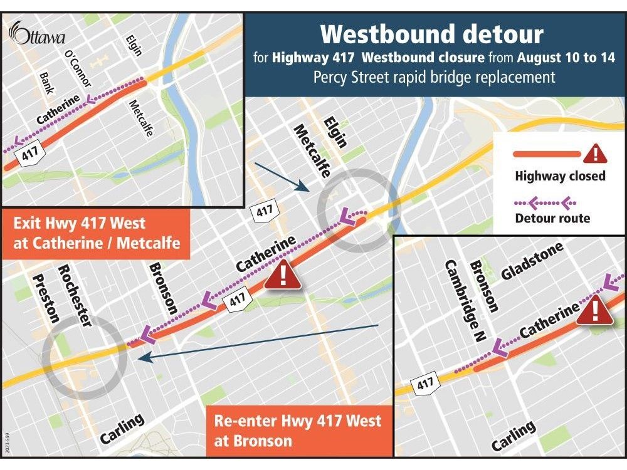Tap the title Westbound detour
click(x=432, y=34)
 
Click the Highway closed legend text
click(x=560, y=176)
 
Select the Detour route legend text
click(x=552, y=218)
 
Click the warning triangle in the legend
click(x=596, y=152)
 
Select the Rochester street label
click(x=75, y=295)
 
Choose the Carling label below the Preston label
click(x=123, y=431)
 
